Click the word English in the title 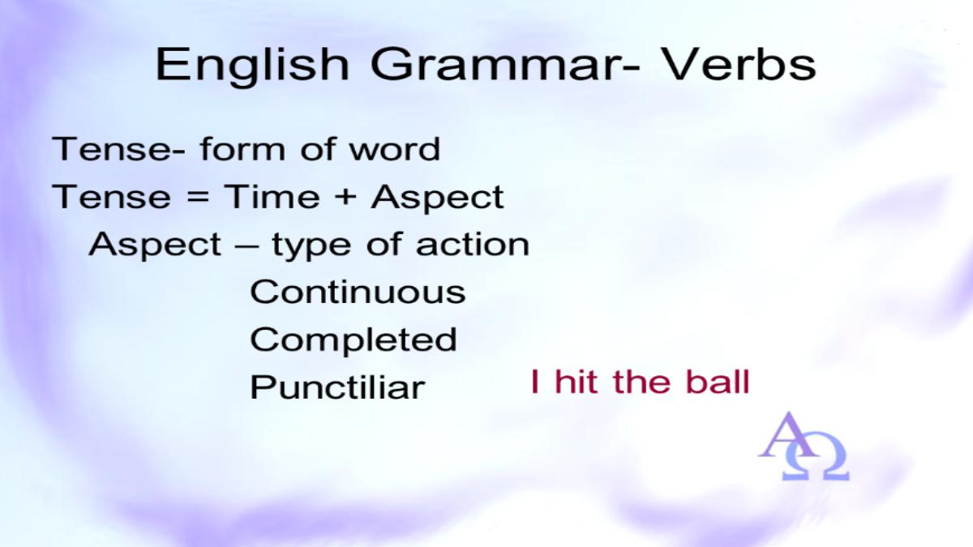tap(252, 66)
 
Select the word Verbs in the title tap(739, 64)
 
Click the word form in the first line tap(242, 148)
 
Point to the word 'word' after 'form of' tap(395, 149)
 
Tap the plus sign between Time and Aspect tap(345, 198)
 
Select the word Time tap(272, 196)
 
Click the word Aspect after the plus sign tap(437, 199)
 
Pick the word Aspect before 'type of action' tap(155, 246)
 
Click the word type tap(311, 246)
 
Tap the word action tap(473, 244)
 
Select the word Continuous tap(358, 291)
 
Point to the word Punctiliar tap(337, 387)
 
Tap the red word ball tap(718, 382)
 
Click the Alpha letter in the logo tap(788, 435)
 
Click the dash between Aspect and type tap(246, 246)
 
